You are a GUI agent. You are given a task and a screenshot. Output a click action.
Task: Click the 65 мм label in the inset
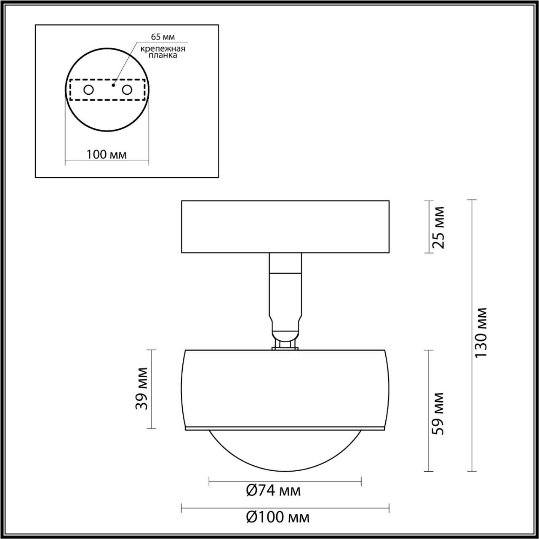coord(163,37)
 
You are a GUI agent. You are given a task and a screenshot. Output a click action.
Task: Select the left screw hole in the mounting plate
coord(89,90)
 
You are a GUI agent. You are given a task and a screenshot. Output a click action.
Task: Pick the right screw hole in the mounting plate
coord(126,90)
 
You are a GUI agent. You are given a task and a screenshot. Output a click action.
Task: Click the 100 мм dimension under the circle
coord(107,155)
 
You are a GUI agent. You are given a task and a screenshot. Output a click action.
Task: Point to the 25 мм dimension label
coord(438,227)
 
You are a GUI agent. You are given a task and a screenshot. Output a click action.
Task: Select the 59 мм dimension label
coord(438,414)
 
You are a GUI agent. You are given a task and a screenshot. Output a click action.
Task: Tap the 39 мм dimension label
coord(142,388)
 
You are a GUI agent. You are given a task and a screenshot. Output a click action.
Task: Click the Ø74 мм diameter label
coord(273,491)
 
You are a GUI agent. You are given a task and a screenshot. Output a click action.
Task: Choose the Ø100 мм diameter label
coord(277,517)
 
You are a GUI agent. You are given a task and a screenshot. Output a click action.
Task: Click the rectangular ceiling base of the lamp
coord(285,227)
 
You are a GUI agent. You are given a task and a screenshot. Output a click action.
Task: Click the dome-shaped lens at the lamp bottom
coord(285,451)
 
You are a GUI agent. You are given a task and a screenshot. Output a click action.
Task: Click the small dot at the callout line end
coord(113,85)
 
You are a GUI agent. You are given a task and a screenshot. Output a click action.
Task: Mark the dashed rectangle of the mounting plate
coord(107,100)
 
